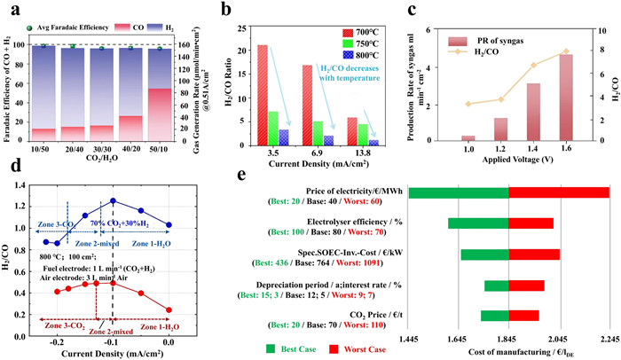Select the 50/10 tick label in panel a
pyautogui.click(x=160, y=150)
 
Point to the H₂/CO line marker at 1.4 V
pyautogui.click(x=533, y=65)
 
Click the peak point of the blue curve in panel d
pyautogui.click(x=113, y=200)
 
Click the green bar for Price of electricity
pyautogui.click(x=458, y=192)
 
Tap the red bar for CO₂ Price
pyautogui.click(x=523, y=315)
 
